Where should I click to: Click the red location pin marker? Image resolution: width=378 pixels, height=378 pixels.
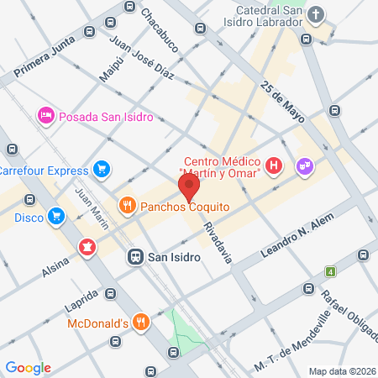(188, 185)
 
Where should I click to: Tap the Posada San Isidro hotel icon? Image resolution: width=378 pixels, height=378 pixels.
(45, 115)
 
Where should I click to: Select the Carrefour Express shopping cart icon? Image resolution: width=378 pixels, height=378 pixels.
(102, 170)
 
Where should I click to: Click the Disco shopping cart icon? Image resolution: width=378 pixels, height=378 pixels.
(57, 217)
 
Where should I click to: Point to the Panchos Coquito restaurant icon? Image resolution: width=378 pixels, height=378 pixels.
(127, 205)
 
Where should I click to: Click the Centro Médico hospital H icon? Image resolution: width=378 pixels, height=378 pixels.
(273, 166)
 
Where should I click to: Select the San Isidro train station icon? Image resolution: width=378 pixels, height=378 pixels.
(134, 257)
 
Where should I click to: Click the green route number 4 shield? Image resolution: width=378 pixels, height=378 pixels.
(331, 271)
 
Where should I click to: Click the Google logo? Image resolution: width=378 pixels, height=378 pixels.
(28, 367)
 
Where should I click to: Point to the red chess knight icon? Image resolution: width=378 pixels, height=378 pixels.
(86, 247)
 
